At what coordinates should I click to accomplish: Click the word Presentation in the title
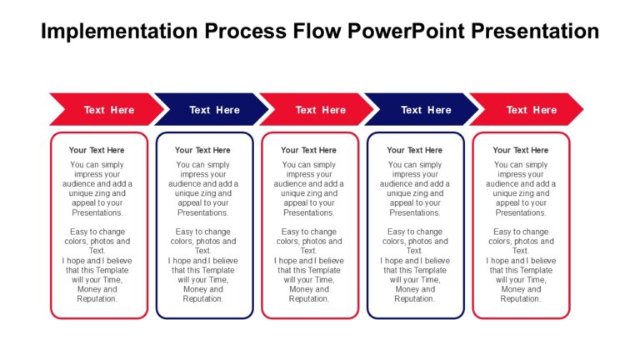click(534, 32)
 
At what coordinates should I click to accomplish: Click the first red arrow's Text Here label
click(108, 110)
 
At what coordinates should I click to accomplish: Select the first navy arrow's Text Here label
click(214, 110)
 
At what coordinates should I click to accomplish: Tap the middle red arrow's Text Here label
click(320, 110)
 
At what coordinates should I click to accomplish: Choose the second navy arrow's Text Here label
click(426, 110)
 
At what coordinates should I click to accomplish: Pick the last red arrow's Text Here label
click(532, 110)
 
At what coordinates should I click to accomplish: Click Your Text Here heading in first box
click(97, 150)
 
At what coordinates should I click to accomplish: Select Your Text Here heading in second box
click(203, 150)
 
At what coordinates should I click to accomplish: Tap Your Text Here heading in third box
click(309, 150)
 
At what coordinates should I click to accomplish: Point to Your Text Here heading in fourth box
click(415, 150)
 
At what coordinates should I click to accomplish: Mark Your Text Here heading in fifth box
click(521, 150)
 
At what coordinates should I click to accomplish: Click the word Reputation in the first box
click(97, 298)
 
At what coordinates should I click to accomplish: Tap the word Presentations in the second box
click(203, 212)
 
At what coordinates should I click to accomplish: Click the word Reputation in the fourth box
click(415, 298)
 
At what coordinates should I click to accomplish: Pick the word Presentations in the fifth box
click(521, 212)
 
